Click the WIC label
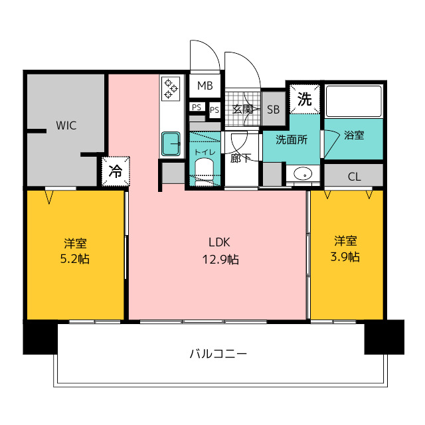click(x=66, y=126)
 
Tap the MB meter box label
click(x=205, y=86)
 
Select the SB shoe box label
click(x=273, y=110)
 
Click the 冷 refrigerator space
click(x=116, y=171)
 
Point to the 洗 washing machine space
click(x=305, y=99)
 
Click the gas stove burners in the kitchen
click(x=171, y=88)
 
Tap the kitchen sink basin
click(x=171, y=143)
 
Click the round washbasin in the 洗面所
click(x=303, y=173)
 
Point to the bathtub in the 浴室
click(x=353, y=102)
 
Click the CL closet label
click(x=354, y=177)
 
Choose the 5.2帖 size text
click(x=75, y=259)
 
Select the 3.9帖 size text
click(x=345, y=256)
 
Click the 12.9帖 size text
click(x=220, y=260)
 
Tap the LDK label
click(x=219, y=242)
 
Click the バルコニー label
click(x=218, y=354)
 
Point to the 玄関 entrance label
click(x=243, y=109)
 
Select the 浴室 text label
click(x=354, y=135)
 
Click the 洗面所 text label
click(x=292, y=139)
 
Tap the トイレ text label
click(x=205, y=152)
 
